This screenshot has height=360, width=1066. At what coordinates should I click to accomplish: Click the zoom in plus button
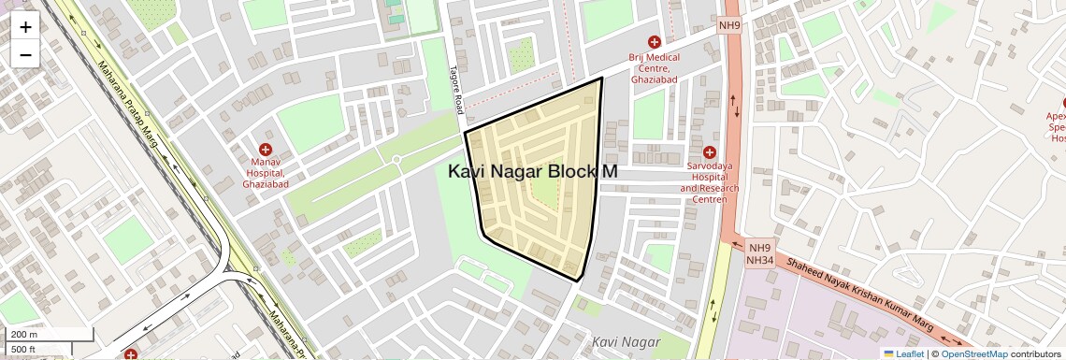pos(25,27)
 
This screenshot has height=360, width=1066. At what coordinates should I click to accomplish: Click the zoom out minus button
pos(25,54)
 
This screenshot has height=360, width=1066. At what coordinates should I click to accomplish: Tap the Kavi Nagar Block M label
pos(533,172)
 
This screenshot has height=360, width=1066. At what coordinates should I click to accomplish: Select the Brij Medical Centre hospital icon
pos(655,42)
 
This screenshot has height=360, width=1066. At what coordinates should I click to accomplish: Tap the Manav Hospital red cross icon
pos(266,149)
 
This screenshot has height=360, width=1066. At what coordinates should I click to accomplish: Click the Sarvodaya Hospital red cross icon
pos(709,152)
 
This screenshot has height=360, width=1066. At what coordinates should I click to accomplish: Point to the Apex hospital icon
pos(1061,103)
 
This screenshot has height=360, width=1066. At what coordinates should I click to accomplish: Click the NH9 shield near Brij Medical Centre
pos(729,26)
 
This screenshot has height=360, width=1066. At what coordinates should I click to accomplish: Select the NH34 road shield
pos(758,261)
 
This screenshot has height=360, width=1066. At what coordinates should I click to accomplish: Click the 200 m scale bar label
pos(23,335)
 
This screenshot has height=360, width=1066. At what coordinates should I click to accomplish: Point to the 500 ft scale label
pos(23,350)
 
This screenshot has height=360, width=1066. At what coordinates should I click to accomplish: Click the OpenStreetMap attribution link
pos(973,353)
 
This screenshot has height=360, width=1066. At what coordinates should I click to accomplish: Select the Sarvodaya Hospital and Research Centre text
pos(709,177)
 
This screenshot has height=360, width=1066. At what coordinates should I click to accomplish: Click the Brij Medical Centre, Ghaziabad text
pos(655,68)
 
